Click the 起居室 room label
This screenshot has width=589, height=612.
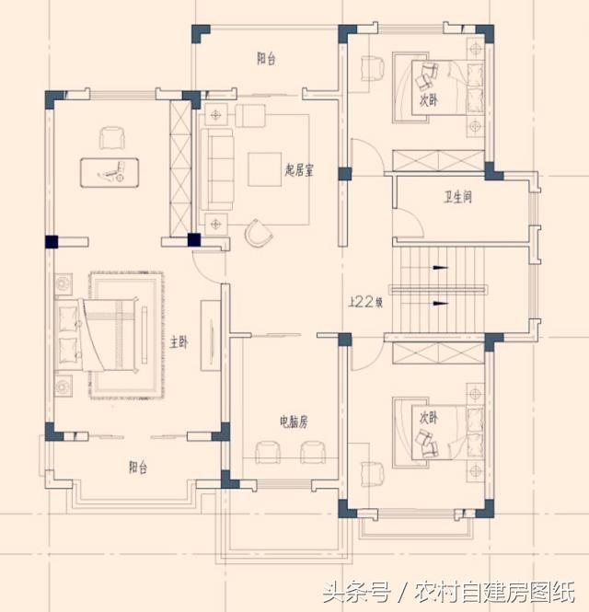click(300, 169)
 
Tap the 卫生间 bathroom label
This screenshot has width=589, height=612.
click(456, 196)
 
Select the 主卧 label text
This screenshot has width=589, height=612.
click(179, 341)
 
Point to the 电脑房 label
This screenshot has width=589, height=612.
click(294, 421)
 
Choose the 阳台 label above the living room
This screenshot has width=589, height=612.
click(266, 59)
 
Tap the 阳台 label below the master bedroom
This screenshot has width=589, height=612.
click(138, 468)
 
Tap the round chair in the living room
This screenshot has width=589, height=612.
click(260, 235)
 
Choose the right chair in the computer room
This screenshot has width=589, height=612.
click(311, 452)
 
